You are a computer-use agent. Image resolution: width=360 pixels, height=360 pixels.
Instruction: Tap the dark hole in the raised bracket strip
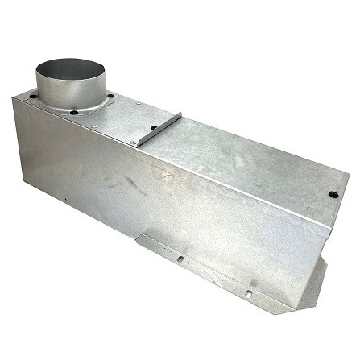(154, 129)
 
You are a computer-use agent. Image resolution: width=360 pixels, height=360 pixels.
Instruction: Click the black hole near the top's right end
(333, 194)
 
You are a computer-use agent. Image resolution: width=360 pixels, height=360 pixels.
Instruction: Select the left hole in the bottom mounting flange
(180, 259)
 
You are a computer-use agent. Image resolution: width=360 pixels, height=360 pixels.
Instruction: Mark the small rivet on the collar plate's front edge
(93, 126)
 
